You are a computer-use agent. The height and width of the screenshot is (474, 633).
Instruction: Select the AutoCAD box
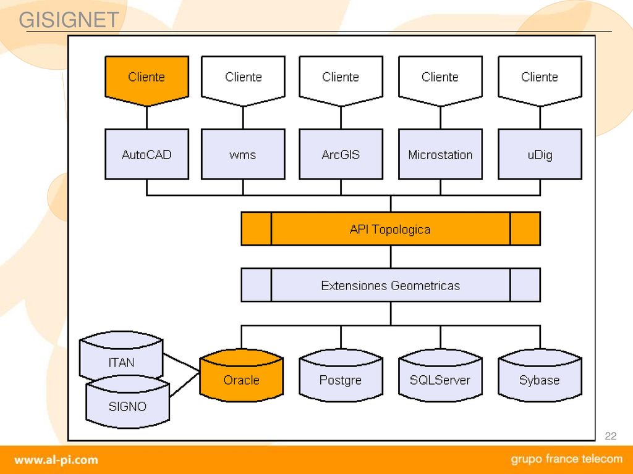point(147,154)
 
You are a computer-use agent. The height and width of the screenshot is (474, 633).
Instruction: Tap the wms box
point(243,154)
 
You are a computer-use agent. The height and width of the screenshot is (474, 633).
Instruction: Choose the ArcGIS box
point(341,154)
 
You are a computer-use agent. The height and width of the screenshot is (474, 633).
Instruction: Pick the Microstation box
point(440,154)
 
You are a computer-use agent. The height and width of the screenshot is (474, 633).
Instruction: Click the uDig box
point(540,154)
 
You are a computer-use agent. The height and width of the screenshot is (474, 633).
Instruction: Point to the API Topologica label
point(390,230)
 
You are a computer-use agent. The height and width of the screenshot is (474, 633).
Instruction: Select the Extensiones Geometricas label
point(391,285)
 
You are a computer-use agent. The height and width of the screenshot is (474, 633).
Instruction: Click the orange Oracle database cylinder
point(242,375)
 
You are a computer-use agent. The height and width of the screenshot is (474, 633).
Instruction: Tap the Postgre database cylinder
point(341,375)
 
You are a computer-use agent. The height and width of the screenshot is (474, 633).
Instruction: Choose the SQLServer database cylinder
point(440,375)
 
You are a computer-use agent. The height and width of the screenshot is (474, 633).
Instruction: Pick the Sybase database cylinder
point(540,375)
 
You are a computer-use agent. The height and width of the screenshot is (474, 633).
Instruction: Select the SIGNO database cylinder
point(127,402)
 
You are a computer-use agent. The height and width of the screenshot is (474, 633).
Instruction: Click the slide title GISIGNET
point(69,20)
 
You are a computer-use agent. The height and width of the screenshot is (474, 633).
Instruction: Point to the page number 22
point(610,436)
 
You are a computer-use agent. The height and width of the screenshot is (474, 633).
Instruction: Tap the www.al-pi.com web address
point(56,460)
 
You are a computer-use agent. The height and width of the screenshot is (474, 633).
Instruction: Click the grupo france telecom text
point(567,459)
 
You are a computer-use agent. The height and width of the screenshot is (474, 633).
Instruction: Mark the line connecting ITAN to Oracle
point(181,362)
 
